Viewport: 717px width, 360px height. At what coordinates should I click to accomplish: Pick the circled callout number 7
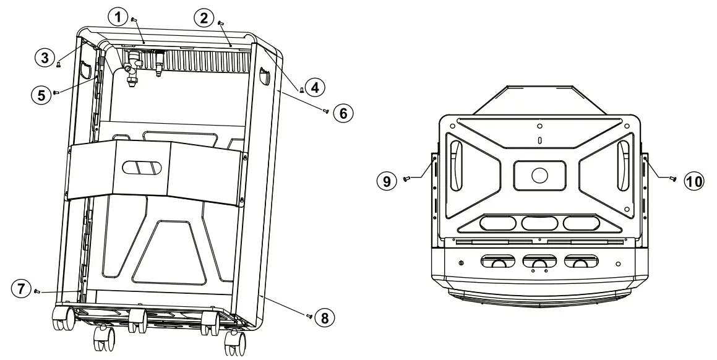[22, 288]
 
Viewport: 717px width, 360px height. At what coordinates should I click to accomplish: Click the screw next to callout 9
[406, 179]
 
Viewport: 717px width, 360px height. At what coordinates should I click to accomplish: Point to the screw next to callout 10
[672, 178]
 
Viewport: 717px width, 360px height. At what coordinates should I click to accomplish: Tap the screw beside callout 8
[308, 315]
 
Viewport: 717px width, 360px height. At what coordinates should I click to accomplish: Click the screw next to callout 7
[37, 290]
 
